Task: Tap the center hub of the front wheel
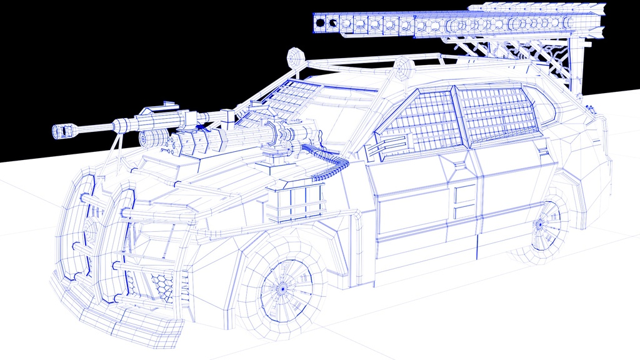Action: click(282, 289)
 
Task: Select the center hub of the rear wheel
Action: click(538, 224)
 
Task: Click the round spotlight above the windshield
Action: click(294, 57)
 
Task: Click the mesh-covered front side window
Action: click(422, 122)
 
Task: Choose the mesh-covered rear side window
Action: click(497, 112)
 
